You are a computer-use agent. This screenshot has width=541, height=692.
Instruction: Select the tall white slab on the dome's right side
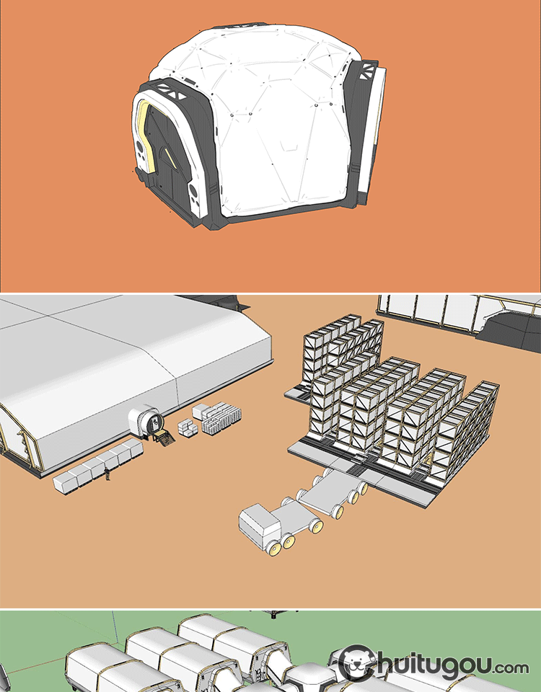[x=372, y=133]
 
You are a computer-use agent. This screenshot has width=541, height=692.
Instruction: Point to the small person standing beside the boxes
[x=107, y=474]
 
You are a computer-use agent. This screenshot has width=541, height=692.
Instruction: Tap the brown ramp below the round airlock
[x=164, y=439]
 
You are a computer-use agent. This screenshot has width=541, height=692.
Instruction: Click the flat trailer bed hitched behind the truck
[x=332, y=490]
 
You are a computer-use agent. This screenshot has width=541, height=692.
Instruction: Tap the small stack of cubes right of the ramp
[x=188, y=427]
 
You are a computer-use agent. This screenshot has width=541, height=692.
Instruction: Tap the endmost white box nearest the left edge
[x=63, y=483]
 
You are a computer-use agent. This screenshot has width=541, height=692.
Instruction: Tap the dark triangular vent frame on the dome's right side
[x=366, y=71]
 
